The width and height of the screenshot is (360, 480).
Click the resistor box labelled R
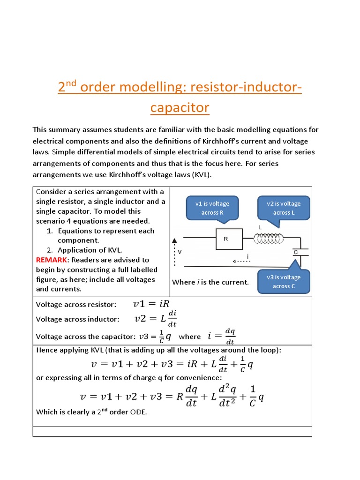click(x=229, y=239)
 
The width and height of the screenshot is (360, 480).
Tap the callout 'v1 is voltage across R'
click(x=212, y=208)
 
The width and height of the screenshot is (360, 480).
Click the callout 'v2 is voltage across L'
click(x=284, y=208)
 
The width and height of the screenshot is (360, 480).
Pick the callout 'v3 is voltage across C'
click(x=284, y=281)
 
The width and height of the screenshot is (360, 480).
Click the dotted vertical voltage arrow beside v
click(x=175, y=253)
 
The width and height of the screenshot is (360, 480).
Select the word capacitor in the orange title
click(x=180, y=108)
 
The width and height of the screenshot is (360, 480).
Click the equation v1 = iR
click(x=148, y=304)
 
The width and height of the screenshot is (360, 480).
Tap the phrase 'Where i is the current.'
click(x=210, y=282)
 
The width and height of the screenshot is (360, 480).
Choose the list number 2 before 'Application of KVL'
click(x=49, y=250)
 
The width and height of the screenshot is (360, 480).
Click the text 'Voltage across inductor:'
click(x=78, y=319)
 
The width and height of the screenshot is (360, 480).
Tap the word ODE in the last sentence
click(x=139, y=412)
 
